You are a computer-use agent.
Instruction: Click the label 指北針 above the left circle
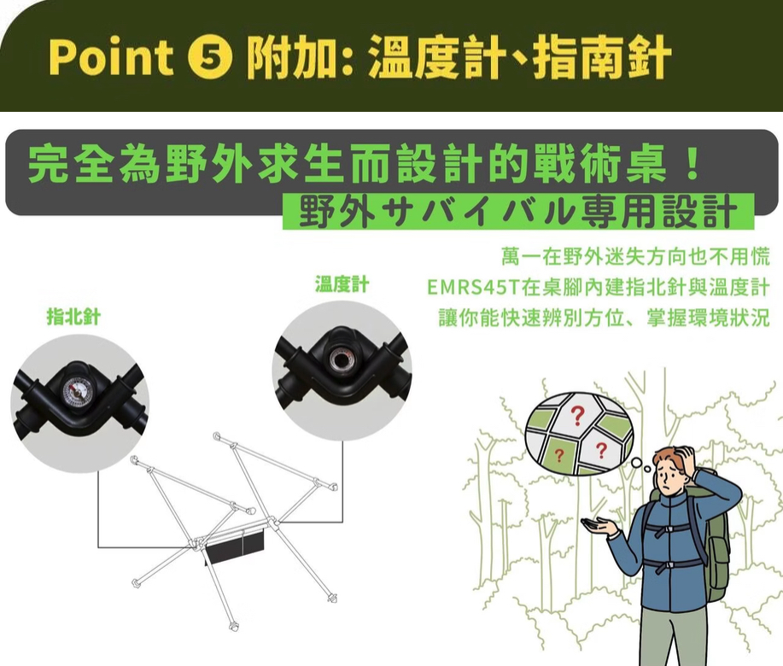tap(73, 318)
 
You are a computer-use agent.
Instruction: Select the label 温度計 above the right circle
tap(342, 284)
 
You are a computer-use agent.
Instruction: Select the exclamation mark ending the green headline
tap(693, 164)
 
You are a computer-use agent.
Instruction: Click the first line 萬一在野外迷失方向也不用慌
tap(636, 255)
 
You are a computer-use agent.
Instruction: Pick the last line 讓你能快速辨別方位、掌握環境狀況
tap(604, 317)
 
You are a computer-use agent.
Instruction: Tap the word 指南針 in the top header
tap(602, 58)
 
